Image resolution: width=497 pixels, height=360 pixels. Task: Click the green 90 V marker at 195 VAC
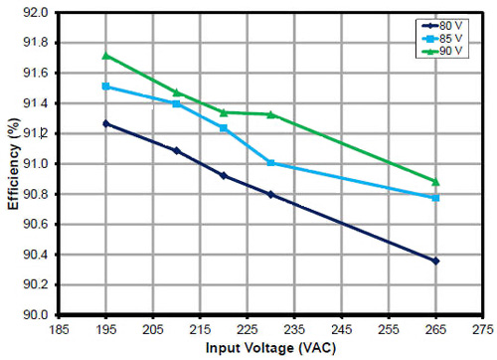(106, 56)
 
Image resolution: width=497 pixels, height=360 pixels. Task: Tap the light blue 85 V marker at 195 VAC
(106, 87)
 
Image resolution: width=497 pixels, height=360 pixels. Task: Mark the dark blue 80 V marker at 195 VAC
(106, 123)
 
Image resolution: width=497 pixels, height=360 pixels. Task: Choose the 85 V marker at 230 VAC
(271, 163)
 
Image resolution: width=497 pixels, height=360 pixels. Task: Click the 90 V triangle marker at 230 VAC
(271, 114)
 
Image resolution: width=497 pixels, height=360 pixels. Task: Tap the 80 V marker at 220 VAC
(224, 175)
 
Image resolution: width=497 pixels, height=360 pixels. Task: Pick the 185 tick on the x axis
(60, 328)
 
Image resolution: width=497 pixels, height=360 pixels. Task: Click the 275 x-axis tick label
(482, 328)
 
